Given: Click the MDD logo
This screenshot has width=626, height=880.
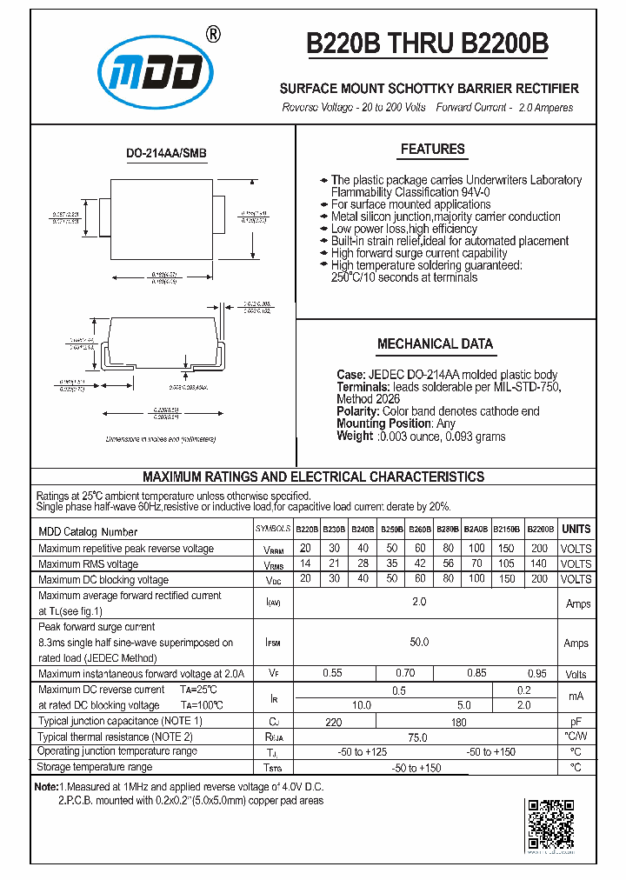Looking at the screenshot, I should pos(155,74).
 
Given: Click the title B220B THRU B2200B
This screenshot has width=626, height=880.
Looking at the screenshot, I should pos(427,43).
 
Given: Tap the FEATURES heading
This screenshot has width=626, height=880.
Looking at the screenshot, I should pos(432,150).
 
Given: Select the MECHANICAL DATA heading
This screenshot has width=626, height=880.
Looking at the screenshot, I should pos(435,343).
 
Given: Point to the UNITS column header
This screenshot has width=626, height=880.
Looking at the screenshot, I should pos(576,529).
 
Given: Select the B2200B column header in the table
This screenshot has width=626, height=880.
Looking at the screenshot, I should pos(540,529).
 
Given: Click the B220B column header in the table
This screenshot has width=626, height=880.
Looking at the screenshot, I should pos(306,529).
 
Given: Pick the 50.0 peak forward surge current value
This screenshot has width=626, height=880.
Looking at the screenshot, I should pos(419,642).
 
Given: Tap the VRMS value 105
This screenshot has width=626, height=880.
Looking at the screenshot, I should pos(506,563).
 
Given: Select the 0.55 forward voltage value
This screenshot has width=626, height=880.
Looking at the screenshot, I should pos(332,673).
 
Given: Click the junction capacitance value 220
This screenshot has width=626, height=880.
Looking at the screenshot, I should pos(333,722).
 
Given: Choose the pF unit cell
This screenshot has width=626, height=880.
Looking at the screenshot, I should pos(576,722).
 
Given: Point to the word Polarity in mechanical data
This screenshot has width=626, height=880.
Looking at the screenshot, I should pos(357,411).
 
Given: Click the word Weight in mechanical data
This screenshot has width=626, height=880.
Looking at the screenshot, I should pos(355,436).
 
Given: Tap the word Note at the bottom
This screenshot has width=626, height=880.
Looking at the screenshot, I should pos(45,786).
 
